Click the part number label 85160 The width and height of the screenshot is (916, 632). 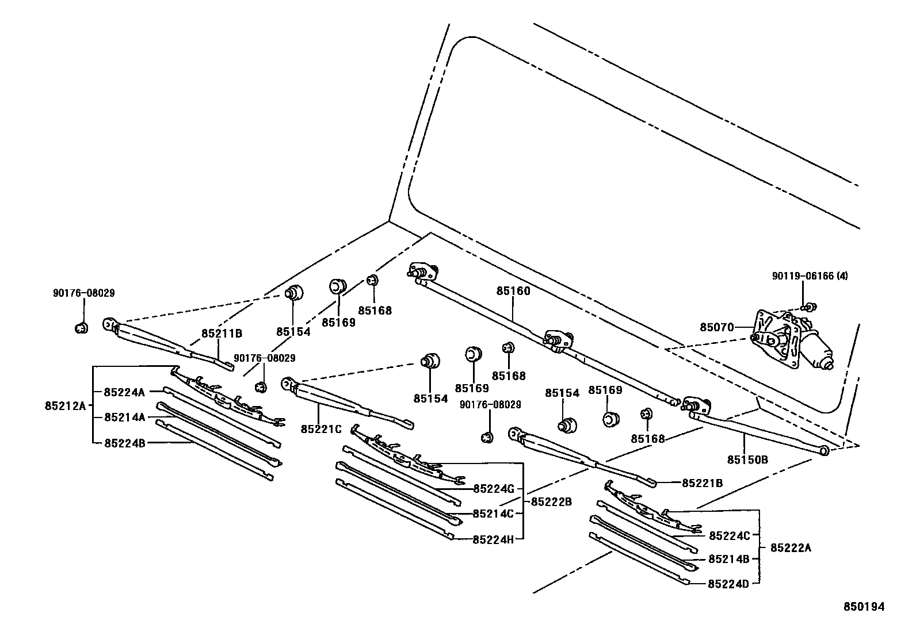click(x=513, y=292)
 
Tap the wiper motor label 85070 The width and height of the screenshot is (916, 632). click(x=716, y=327)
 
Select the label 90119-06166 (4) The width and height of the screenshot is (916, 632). click(x=810, y=276)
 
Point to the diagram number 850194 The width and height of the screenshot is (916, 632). click(x=864, y=606)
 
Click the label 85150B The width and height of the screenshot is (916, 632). click(x=747, y=459)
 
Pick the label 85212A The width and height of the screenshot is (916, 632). click(x=64, y=406)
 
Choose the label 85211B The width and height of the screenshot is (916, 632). click(x=222, y=334)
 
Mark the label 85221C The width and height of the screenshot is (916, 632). click(x=320, y=428)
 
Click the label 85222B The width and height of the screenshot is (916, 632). click(x=551, y=501)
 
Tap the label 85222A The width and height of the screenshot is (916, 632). click(x=790, y=548)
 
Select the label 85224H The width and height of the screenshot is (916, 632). click(x=493, y=539)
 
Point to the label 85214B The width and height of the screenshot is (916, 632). click(x=728, y=559)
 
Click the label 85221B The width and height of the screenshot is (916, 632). click(x=702, y=483)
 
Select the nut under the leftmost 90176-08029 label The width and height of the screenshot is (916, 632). click(x=81, y=328)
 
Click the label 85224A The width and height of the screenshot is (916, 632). click(x=124, y=392)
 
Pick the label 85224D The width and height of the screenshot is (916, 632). click(x=728, y=584)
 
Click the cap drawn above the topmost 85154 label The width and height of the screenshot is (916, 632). click(x=293, y=293)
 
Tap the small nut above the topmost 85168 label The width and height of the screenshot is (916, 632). click(x=372, y=281)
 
